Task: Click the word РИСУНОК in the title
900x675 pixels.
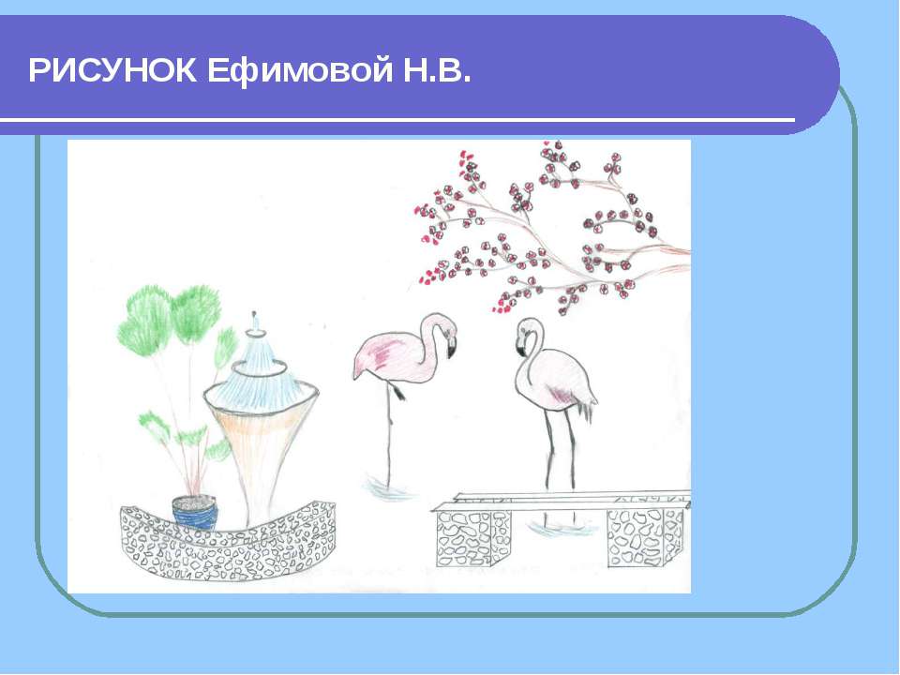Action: pos(112,70)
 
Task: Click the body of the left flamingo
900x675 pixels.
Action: pos(390,359)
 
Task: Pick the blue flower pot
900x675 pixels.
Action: pos(195,512)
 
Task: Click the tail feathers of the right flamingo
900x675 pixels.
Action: pos(589,406)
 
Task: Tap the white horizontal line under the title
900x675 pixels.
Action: pos(397,120)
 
